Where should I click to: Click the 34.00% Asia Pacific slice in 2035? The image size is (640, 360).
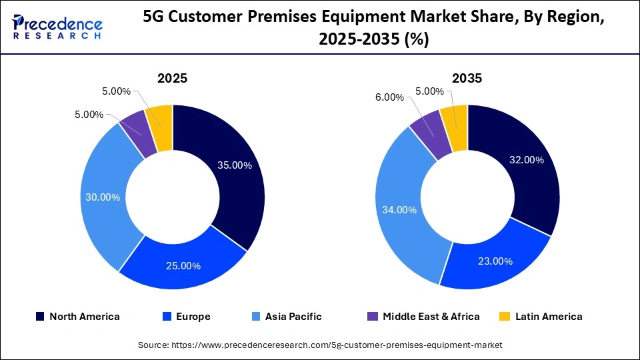coord(400,209)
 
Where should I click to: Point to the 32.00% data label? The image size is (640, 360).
coord(526,160)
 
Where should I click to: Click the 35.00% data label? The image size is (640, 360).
coord(235,165)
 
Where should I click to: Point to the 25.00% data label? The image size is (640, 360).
coord(183,265)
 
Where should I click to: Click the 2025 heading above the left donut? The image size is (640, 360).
coord(172,78)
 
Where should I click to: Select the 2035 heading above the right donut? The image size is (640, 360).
coord(467,78)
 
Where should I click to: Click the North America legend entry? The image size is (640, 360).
coord(77,317)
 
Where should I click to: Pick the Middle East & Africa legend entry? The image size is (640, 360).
coord(424,317)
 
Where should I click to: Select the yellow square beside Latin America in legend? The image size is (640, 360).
coord(506,317)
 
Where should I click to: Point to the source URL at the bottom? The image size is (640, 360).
coord(320,345)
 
